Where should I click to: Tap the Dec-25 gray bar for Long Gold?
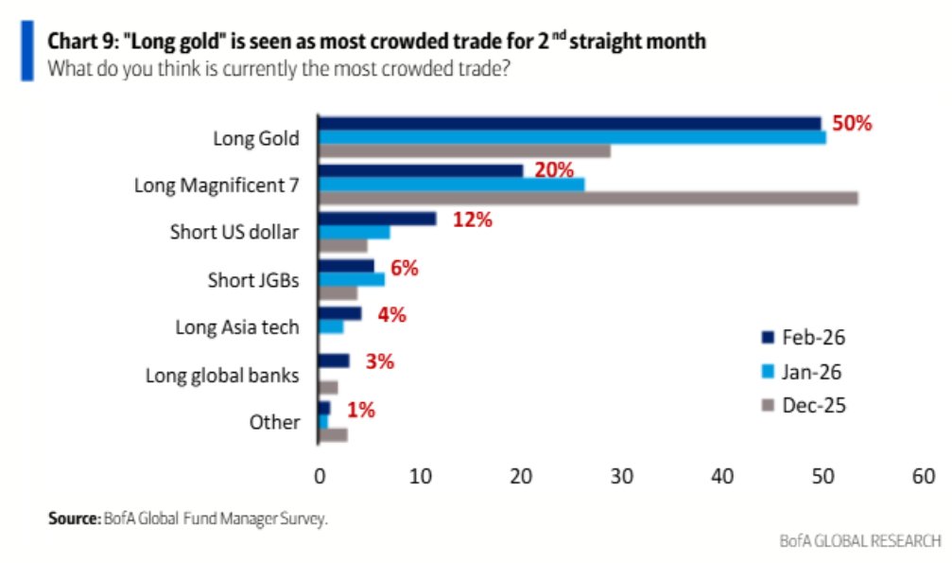click(464, 151)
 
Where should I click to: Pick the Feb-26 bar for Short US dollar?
click(377, 219)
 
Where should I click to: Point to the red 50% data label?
click(851, 124)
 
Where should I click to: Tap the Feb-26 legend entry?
click(804, 336)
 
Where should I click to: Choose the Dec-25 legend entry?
click(804, 405)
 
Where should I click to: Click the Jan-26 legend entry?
click(804, 371)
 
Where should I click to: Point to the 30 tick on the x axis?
click(621, 476)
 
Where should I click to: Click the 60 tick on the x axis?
click(923, 476)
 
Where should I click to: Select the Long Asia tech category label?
click(237, 327)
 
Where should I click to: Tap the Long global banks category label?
click(222, 375)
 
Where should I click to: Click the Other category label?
click(274, 422)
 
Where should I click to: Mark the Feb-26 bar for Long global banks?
click(335, 361)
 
